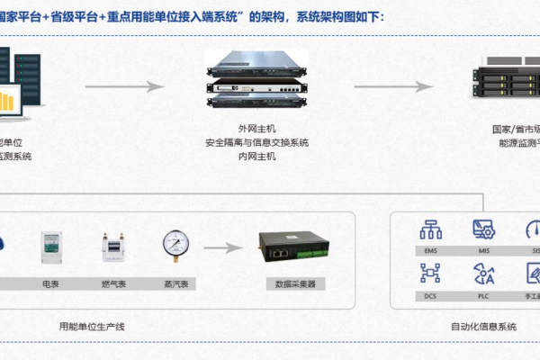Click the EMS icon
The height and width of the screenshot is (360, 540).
(x=432, y=229)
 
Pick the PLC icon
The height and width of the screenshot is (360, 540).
(x=483, y=272)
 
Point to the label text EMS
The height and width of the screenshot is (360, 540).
(x=432, y=250)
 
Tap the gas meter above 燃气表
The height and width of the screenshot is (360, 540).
(x=113, y=249)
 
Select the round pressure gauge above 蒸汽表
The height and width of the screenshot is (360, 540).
(x=176, y=247)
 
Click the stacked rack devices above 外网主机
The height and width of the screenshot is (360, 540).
(x=256, y=79)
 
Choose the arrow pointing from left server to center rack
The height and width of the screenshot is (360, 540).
(x=125, y=86)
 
